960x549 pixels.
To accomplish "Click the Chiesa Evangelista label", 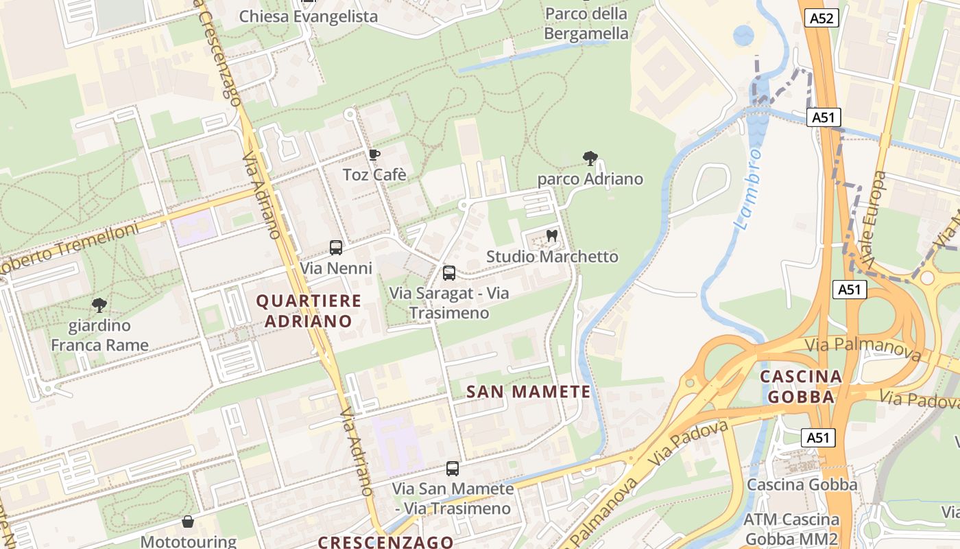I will pos(308,16).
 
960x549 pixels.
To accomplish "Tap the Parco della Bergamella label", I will pos(586,23).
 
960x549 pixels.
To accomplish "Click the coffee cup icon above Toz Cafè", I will pos(374,154).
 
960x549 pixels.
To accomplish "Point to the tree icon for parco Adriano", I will pos(590,159).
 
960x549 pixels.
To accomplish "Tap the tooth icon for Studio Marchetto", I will pos(551,236).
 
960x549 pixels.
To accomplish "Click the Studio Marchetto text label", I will pos(552,257).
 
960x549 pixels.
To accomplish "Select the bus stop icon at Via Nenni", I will pos(336,248).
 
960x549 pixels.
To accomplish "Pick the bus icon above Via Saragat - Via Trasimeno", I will pos(449,273).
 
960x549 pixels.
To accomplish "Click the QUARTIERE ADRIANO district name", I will pos(309,311).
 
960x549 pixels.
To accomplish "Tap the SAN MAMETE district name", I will pos(528,392).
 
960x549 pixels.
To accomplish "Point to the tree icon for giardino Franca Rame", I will pos(99,305).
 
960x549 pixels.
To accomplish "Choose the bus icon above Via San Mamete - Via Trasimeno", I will pos(453,469).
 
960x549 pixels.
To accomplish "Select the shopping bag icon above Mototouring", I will pos(188,522).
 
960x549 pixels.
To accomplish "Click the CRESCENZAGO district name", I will pos(385,541).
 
